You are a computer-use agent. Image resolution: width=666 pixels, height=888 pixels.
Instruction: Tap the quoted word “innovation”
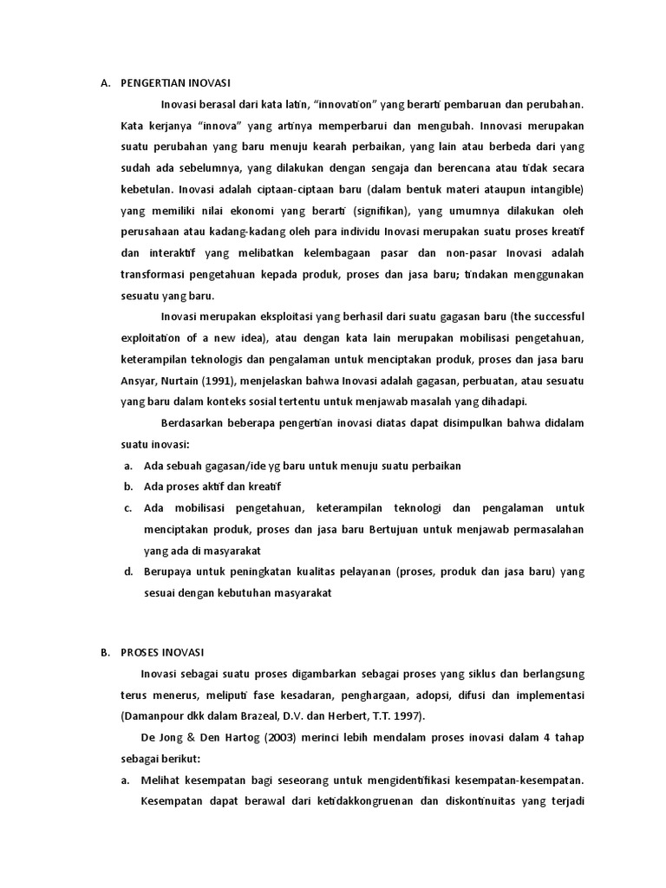(x=344, y=104)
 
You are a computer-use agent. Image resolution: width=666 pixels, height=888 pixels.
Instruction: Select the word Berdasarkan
(x=195, y=422)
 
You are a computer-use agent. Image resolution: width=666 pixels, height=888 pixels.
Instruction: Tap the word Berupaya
(x=168, y=571)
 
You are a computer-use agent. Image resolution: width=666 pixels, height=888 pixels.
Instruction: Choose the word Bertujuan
(x=400, y=529)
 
